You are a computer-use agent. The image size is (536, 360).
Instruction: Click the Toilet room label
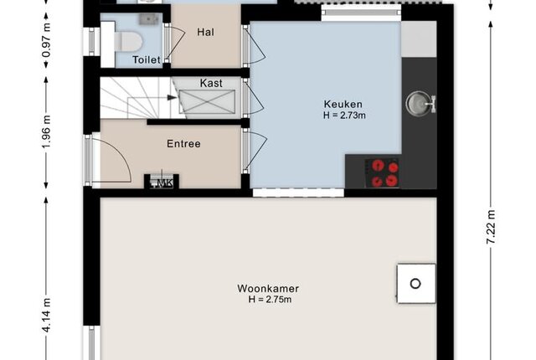click(x=147, y=59)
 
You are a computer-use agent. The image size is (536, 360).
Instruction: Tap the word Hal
click(x=206, y=32)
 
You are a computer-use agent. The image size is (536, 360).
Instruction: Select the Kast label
click(x=211, y=83)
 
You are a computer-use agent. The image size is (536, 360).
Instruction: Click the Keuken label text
click(x=343, y=104)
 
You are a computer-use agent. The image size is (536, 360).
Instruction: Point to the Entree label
click(x=183, y=144)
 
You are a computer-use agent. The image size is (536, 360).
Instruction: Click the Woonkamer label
click(x=268, y=289)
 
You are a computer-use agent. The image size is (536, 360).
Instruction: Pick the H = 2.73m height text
click(x=344, y=116)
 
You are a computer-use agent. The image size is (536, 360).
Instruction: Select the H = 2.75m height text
click(x=270, y=300)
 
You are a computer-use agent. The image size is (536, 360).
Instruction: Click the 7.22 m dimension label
click(x=491, y=227)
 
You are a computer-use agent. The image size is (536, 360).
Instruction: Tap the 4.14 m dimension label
click(x=47, y=315)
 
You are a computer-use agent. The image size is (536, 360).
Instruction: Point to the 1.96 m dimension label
click(x=47, y=131)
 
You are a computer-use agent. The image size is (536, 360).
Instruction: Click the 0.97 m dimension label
click(x=47, y=40)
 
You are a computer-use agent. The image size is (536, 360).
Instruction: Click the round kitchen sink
click(x=417, y=103)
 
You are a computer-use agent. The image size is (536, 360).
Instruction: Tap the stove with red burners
click(x=384, y=172)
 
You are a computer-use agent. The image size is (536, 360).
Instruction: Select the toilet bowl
click(x=128, y=41)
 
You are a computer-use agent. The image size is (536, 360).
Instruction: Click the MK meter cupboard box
click(x=162, y=182)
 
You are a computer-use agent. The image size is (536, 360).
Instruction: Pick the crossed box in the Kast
click(x=207, y=101)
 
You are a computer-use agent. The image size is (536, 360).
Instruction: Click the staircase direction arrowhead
click(x=172, y=98)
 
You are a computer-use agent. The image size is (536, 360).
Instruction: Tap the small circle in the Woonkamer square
click(x=415, y=284)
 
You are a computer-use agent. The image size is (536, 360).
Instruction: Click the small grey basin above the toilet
click(x=149, y=19)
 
